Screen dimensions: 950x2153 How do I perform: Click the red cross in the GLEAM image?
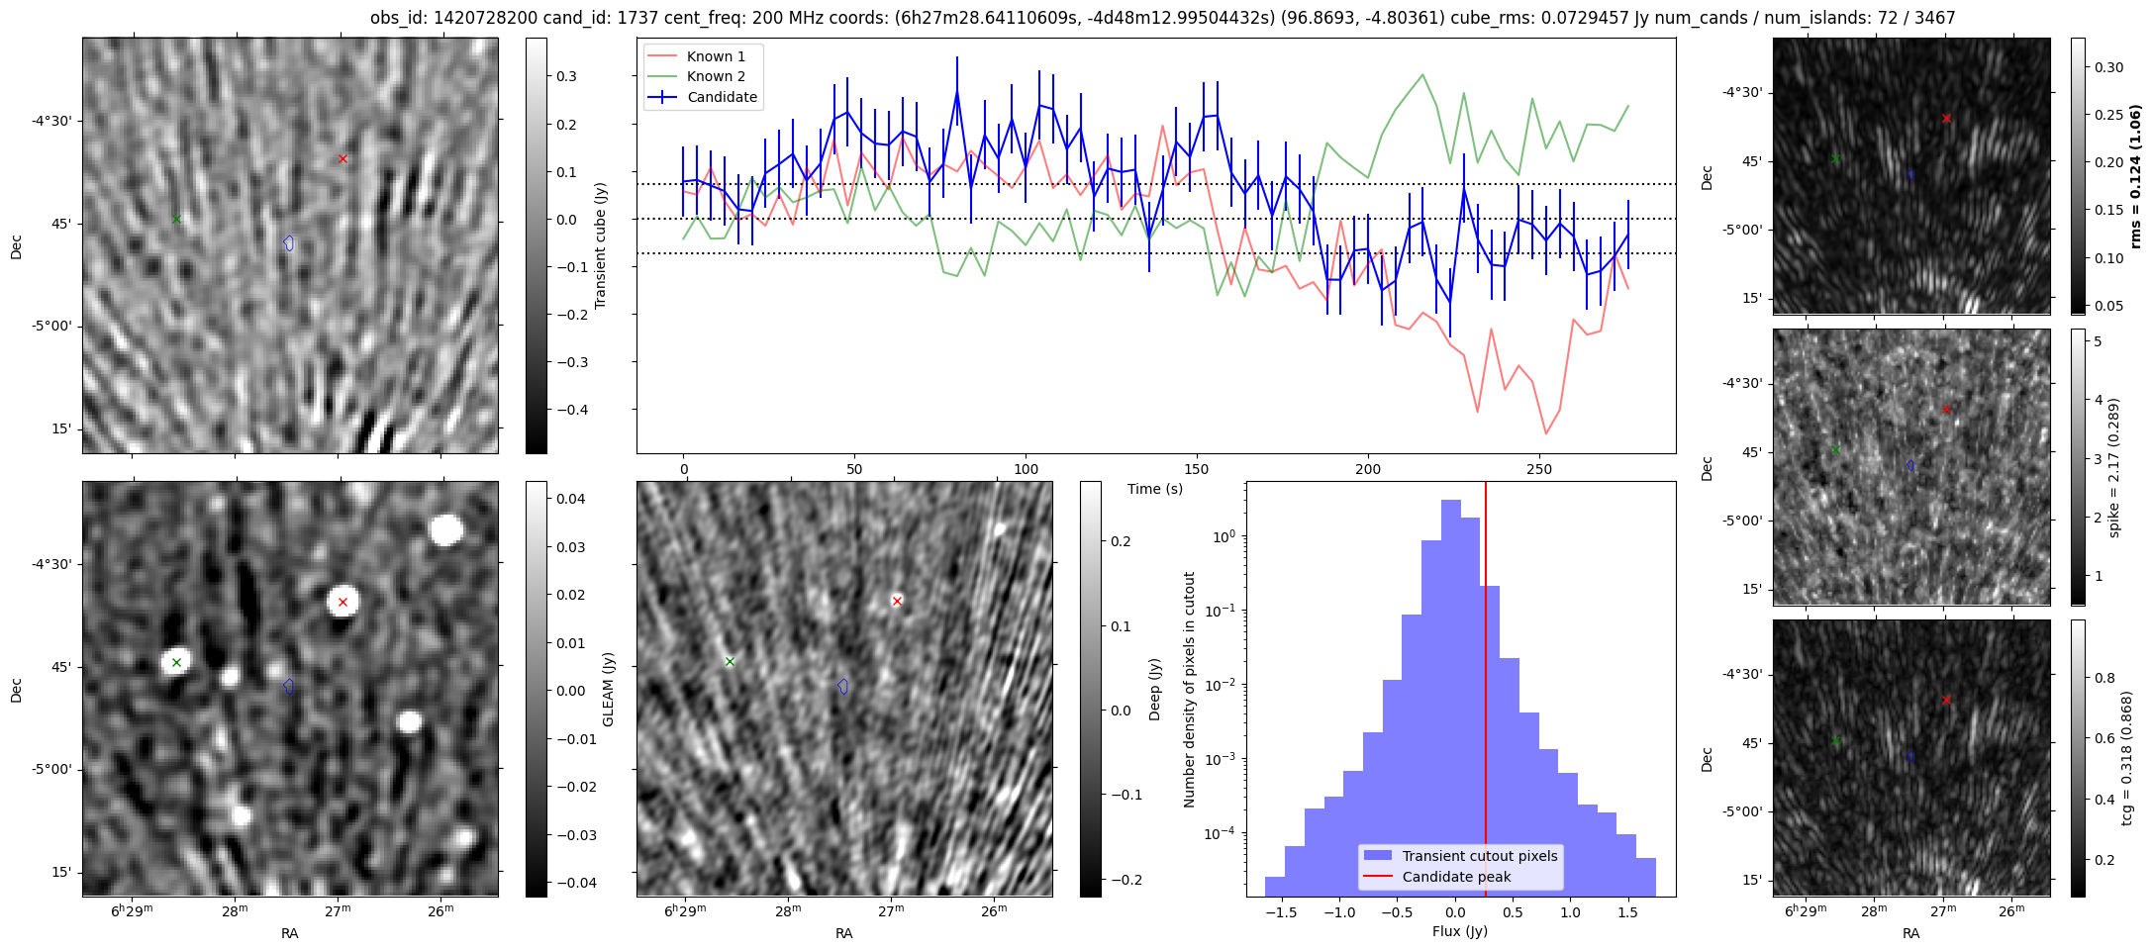click(343, 602)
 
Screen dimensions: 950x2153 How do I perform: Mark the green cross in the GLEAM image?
click(176, 662)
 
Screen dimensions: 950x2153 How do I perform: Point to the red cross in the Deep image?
click(897, 601)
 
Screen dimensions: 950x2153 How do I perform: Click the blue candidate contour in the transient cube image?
click(289, 242)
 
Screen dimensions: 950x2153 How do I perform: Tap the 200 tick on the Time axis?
click(1368, 468)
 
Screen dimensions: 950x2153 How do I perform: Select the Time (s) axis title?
click(1154, 489)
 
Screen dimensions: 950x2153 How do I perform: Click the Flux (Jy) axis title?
click(1459, 931)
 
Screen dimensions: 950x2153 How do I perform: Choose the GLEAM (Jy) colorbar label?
click(609, 689)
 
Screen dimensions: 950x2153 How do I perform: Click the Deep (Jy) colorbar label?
click(1155, 689)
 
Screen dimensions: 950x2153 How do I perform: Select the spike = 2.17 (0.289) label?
click(2114, 467)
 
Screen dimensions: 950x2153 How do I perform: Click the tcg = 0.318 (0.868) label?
click(2127, 758)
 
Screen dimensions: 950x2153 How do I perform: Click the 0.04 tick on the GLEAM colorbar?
click(571, 499)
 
